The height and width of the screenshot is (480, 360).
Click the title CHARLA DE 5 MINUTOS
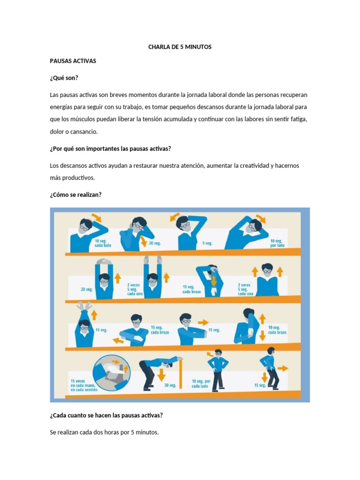(180, 47)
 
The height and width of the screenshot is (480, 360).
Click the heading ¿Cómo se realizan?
(75, 195)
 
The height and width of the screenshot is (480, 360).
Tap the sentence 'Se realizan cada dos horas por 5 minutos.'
(104, 432)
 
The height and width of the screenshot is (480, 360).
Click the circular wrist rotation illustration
(113, 373)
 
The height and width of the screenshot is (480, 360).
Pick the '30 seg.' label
(170, 385)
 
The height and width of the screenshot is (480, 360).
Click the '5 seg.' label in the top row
(206, 243)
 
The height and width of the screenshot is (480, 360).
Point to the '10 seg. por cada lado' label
(201, 383)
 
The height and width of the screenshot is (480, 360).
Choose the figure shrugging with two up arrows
(267, 281)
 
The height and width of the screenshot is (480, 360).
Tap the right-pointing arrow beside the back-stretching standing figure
(283, 368)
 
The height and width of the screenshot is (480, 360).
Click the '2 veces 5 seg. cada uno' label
(135, 289)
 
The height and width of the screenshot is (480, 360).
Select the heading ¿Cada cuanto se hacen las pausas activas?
(106, 415)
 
